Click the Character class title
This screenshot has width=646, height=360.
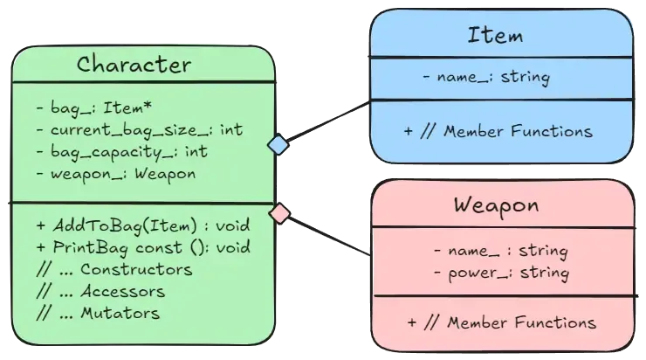pos(134,65)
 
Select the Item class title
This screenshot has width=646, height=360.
pos(495,36)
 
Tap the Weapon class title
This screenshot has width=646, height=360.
pos(496,206)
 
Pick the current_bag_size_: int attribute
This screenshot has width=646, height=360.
pos(140,130)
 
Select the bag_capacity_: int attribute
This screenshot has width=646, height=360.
pos(122,152)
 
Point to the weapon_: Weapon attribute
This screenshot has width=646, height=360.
pos(116,174)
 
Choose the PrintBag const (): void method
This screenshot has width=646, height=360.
pos(143,246)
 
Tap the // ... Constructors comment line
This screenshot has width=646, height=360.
pos(114,268)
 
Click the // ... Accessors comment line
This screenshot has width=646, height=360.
pos(100,290)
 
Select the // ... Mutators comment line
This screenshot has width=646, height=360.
pos(98,312)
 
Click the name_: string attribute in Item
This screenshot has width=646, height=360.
pos(485,78)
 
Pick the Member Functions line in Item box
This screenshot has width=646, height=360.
pos(498,132)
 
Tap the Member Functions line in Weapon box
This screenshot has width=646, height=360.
pos(501,322)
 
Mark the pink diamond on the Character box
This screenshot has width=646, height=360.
pos(278,212)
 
